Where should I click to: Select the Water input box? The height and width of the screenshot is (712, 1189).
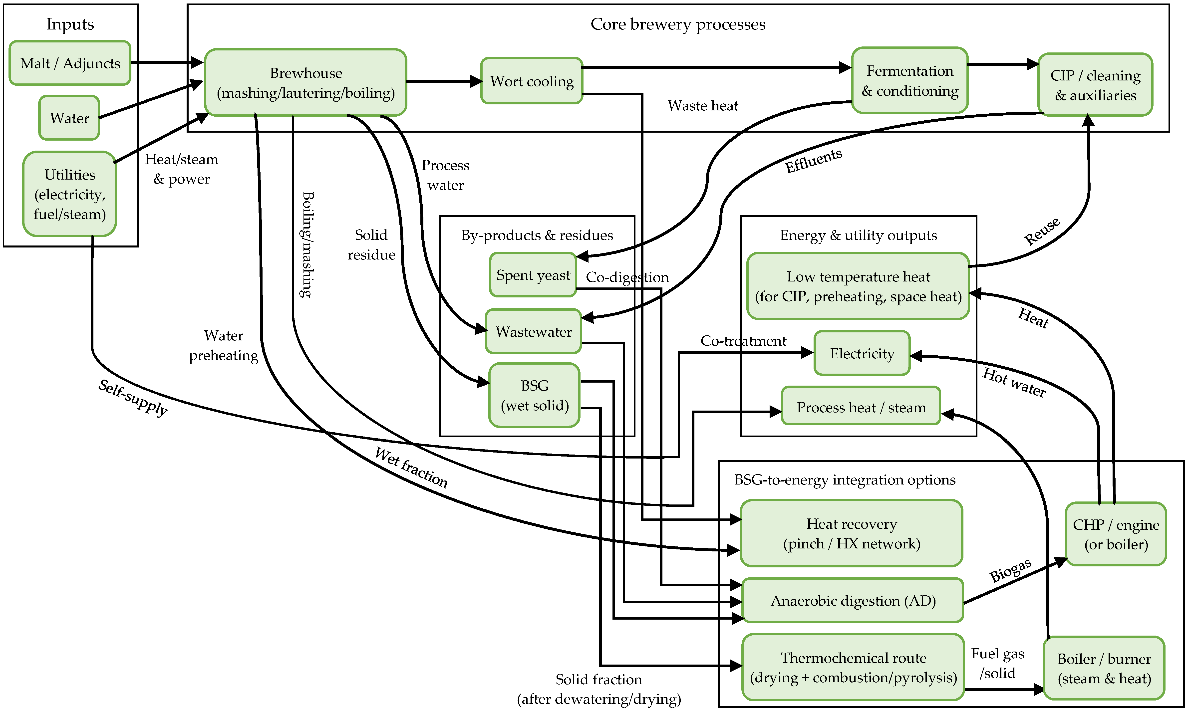(x=69, y=118)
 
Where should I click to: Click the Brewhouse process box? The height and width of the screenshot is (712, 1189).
(x=306, y=82)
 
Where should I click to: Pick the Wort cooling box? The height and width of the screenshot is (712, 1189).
(x=532, y=81)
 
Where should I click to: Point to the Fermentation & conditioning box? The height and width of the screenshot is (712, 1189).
(x=910, y=81)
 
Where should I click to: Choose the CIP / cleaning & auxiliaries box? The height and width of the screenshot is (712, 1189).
(x=1095, y=85)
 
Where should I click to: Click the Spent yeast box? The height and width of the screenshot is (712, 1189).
(x=533, y=275)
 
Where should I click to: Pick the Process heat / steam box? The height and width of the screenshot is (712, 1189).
(x=861, y=407)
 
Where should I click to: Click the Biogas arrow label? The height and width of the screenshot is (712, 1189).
(x=1010, y=570)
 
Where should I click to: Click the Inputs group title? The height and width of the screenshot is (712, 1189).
(x=70, y=24)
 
